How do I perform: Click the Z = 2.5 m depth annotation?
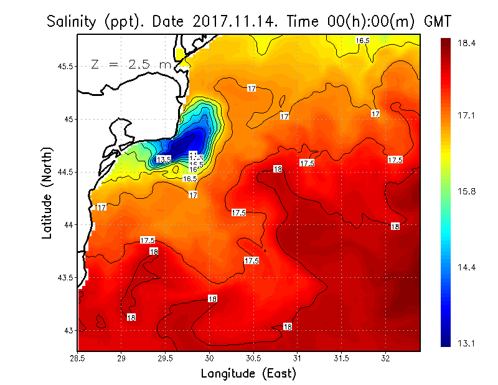coord(131,64)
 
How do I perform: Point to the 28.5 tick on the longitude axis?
coord(78,358)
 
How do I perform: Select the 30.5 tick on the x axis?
coord(253,358)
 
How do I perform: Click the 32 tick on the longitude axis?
coord(385,358)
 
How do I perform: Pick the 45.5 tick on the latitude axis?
coord(64,66)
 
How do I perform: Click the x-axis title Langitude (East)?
coord(248,374)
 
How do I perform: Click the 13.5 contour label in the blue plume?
coord(164,159)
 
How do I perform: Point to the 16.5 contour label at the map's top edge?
coord(363,40)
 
